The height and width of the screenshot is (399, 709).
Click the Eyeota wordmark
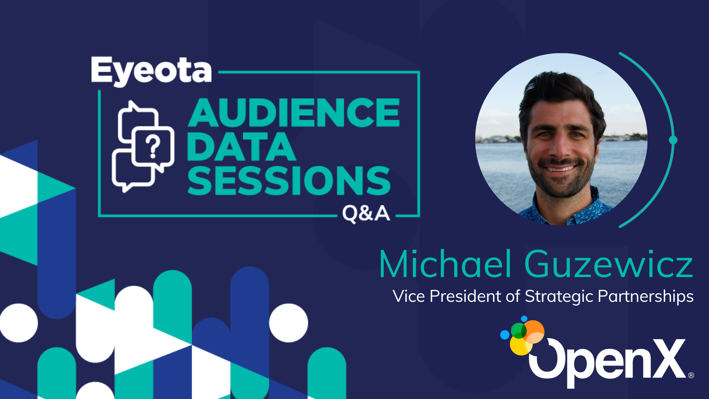[x=151, y=71]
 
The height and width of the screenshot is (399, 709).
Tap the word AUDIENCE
[x=294, y=113]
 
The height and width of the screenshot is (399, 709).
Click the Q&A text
[x=366, y=214]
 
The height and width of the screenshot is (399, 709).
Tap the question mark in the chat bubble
[x=153, y=146]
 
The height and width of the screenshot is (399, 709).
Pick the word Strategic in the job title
[x=559, y=297]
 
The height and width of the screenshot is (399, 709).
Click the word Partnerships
[x=645, y=297]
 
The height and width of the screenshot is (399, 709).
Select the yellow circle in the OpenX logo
[x=521, y=345]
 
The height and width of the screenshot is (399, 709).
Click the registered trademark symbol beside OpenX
[x=691, y=375]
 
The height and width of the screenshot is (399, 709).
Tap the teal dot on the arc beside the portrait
[x=673, y=140]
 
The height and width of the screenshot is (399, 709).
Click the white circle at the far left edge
[x=18, y=323]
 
